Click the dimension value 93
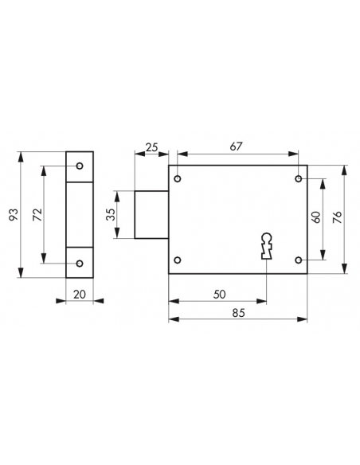[x=14, y=215]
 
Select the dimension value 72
[x=37, y=215]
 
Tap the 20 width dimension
[x=80, y=295]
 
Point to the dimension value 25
[x=152, y=147]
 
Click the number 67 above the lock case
[x=236, y=147]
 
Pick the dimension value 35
[x=111, y=214]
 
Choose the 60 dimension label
[x=316, y=217]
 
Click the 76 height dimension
[x=337, y=217]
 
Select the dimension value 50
[x=220, y=295]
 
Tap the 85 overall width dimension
[x=239, y=313]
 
